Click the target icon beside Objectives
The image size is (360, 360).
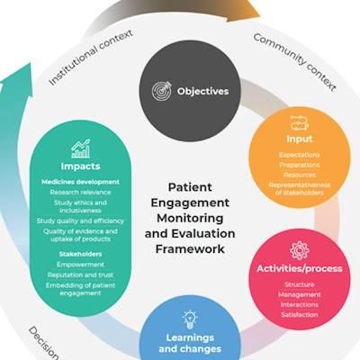coord(162,91)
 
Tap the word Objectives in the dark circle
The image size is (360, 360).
coord(202,91)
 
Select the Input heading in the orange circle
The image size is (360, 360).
coord(300,139)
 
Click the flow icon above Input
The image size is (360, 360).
coord(300,123)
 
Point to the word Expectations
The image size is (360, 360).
coord(300,155)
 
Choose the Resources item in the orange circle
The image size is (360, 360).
coord(300,175)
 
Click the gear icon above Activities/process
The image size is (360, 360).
coord(300,250)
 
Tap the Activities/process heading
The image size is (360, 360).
coord(300,268)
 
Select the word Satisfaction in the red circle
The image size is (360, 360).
coord(300,315)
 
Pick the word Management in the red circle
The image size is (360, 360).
coord(300,294)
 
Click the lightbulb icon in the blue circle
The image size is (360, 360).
coord(190,319)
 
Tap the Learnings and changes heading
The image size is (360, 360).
coord(190,343)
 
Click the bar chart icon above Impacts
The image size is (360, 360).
coord(80,148)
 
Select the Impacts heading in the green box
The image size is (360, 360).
coord(80,166)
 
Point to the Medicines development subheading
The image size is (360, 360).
coord(80,182)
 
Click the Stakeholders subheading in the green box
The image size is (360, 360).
coord(80,254)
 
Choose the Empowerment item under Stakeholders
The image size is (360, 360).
coord(80,265)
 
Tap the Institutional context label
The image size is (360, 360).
coord(91,58)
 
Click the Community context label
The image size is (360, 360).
coord(294,62)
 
